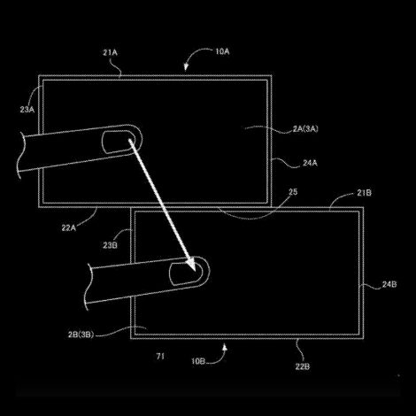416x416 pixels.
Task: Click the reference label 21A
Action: tap(110, 52)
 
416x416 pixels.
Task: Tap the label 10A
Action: tap(222, 51)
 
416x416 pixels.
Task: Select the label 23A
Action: tap(27, 110)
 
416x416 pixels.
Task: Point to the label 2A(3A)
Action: tap(305, 129)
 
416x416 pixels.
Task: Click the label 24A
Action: tap(310, 163)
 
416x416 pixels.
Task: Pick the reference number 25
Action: tap(293, 192)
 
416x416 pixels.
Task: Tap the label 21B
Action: tap(364, 193)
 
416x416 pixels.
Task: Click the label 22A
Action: tap(69, 227)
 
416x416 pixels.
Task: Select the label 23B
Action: tap(110, 245)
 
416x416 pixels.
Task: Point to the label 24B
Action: tap(389, 284)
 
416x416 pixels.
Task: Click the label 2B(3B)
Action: tap(81, 335)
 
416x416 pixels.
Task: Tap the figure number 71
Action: tap(160, 357)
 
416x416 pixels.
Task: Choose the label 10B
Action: tap(198, 361)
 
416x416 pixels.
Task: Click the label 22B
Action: tap(303, 366)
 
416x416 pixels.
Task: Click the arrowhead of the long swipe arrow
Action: tap(191, 265)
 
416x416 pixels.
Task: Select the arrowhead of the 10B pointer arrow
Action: tap(225, 348)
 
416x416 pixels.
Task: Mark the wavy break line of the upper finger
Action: tap(19, 156)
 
